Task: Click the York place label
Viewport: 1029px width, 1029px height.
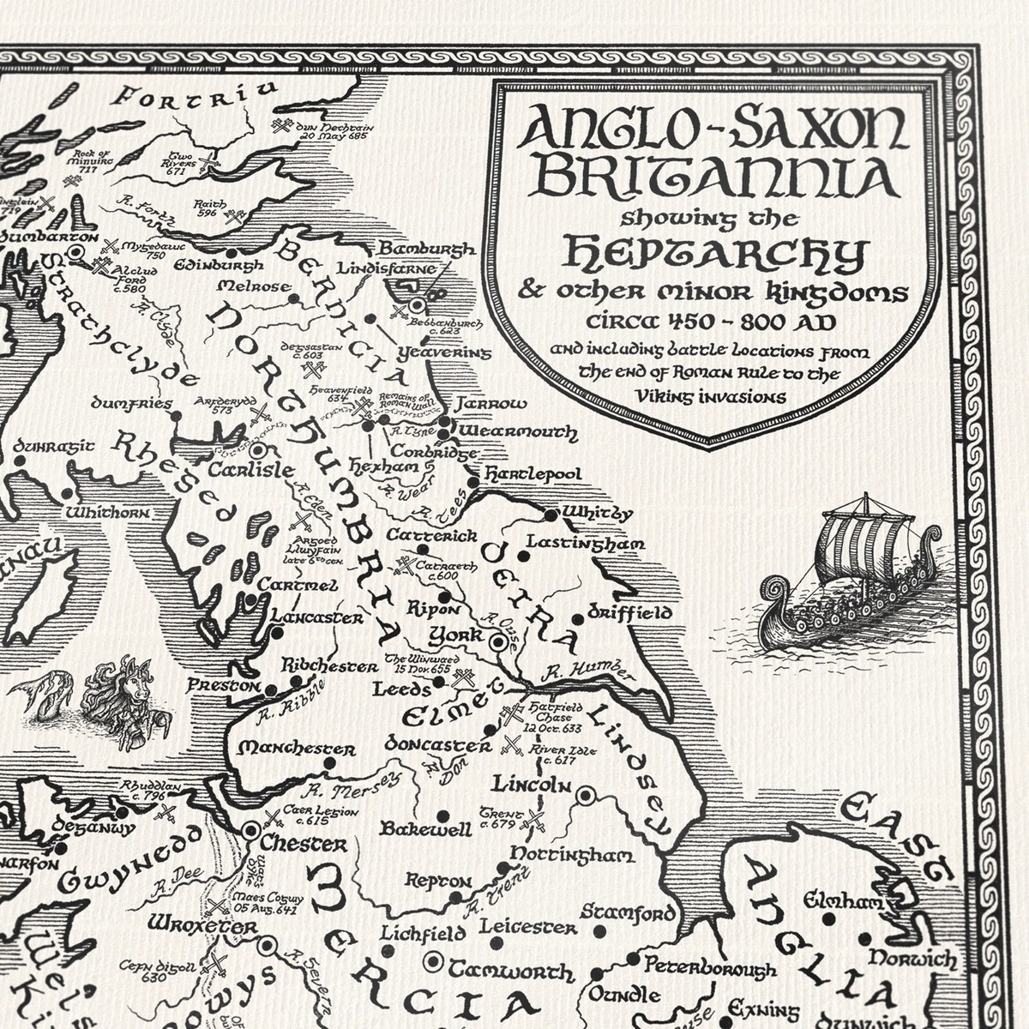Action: tap(455, 635)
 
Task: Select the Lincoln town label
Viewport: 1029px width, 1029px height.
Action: tap(531, 784)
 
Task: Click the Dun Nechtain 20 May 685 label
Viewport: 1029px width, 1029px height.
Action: tap(331, 129)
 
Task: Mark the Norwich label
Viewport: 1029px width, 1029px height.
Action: tap(912, 958)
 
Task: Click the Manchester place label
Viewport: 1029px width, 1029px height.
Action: tap(297, 748)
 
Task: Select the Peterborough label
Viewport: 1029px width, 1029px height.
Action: tap(710, 966)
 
